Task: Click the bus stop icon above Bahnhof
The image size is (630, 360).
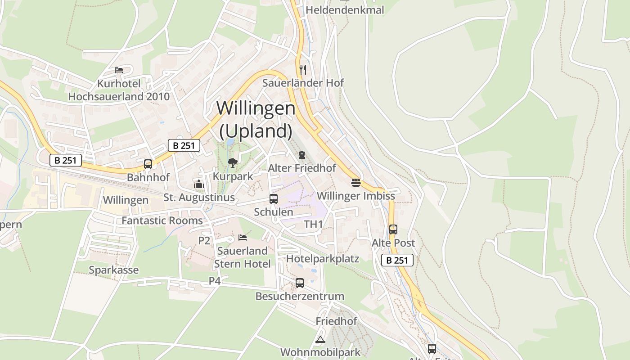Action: click(x=148, y=164)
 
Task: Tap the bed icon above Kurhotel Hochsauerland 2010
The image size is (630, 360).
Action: click(x=119, y=70)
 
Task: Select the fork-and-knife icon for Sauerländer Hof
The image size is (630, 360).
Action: click(x=303, y=69)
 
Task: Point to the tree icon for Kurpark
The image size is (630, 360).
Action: click(x=233, y=162)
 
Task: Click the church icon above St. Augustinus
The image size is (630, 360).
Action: click(x=199, y=184)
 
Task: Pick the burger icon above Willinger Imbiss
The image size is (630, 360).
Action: click(x=356, y=183)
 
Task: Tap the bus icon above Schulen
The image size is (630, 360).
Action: click(x=273, y=198)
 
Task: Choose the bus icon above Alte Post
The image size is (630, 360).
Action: click(x=393, y=229)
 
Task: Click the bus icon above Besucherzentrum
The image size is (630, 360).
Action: click(x=300, y=283)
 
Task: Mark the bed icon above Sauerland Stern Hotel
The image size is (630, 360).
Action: click(x=243, y=237)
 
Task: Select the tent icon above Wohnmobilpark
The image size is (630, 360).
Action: click(x=320, y=339)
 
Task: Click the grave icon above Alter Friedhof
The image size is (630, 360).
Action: click(x=301, y=155)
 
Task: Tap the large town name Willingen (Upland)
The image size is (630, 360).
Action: click(x=256, y=119)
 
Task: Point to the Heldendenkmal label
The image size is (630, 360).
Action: click(x=345, y=10)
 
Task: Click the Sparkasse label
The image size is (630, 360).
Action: click(x=114, y=270)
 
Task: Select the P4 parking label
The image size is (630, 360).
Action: click(x=215, y=281)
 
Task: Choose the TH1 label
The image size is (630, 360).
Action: click(x=313, y=224)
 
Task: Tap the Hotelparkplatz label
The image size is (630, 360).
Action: click(x=323, y=259)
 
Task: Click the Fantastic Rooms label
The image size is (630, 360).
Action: click(x=162, y=220)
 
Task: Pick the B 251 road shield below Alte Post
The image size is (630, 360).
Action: click(x=397, y=260)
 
